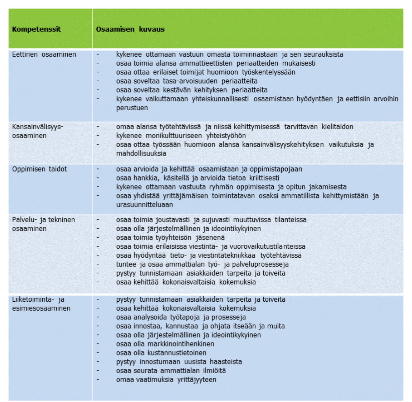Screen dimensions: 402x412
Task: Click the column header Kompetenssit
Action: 37,29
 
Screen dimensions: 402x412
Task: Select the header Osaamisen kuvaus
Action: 130,29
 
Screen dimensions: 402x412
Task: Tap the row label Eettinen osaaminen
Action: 44,54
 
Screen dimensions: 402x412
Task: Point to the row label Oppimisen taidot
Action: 39,169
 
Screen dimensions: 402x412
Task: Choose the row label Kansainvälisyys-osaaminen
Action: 37,131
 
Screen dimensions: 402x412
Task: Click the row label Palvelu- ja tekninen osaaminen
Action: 43,224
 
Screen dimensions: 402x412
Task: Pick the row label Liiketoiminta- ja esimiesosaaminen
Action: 41,304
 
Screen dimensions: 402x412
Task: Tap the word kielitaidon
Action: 337,127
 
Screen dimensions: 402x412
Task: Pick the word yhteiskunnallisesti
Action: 220,99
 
